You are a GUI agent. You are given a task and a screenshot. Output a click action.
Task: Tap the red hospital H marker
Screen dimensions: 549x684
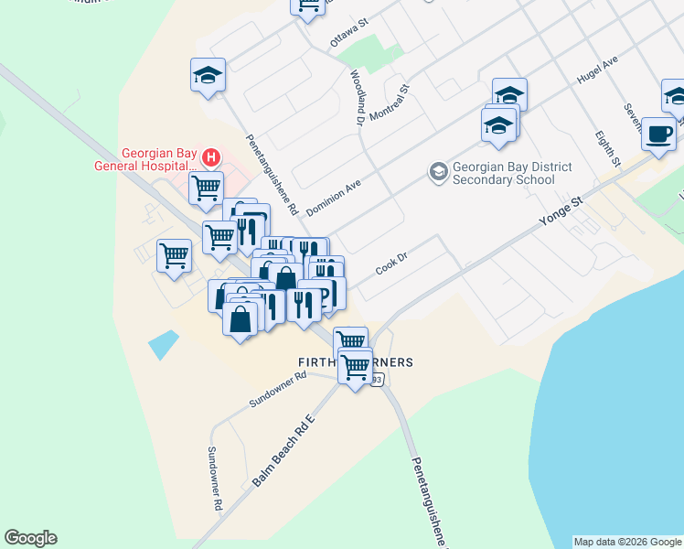tap(211, 157)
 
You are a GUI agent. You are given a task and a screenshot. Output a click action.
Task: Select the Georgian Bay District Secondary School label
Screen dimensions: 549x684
tap(513, 173)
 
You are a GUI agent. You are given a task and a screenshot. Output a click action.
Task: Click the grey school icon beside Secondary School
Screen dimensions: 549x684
tap(439, 172)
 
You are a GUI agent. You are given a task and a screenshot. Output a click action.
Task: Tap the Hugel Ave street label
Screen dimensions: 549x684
tap(597, 75)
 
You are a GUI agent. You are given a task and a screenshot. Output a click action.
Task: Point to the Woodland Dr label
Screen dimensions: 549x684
tap(357, 95)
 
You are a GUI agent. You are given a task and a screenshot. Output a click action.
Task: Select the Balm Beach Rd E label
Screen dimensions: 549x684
tap(283, 452)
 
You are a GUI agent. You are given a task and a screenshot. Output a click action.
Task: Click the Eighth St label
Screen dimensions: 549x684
tap(607, 149)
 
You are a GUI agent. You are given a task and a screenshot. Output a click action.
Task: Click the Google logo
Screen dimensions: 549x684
tap(30, 538)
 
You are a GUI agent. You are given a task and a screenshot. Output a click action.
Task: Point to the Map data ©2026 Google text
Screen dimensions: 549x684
tap(627, 542)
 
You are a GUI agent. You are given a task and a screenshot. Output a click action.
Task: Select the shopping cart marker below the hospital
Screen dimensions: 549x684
tap(207, 188)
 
